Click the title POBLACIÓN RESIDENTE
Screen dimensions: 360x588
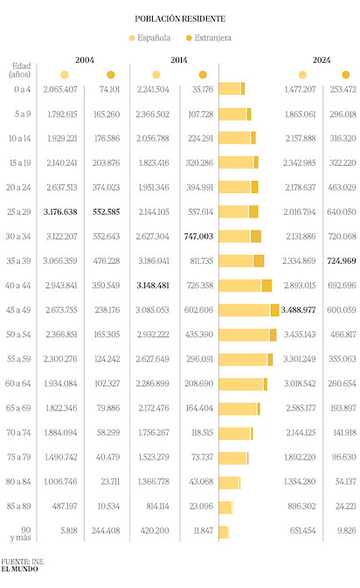click(180, 18)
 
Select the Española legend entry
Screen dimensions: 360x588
click(149, 38)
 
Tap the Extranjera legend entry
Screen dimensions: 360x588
click(209, 38)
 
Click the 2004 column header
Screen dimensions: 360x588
click(85, 60)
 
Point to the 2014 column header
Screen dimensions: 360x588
click(179, 60)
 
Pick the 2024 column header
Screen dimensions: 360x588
click(322, 60)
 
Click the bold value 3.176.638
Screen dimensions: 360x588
click(60, 212)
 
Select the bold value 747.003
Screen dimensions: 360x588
click(198, 236)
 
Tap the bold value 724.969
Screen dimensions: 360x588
click(342, 260)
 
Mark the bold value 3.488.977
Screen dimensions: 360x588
click(298, 310)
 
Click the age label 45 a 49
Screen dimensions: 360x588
click(18, 310)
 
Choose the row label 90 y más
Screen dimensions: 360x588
click(21, 534)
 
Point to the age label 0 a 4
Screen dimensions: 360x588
click(23, 89)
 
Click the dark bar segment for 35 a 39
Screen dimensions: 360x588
click(259, 261)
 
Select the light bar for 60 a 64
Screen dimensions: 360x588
click(240, 384)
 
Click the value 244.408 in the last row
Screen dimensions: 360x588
click(106, 530)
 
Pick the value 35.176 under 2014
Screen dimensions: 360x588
click(203, 89)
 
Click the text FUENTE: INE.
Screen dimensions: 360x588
click(23, 562)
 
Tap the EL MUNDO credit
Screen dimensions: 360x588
click(19, 569)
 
